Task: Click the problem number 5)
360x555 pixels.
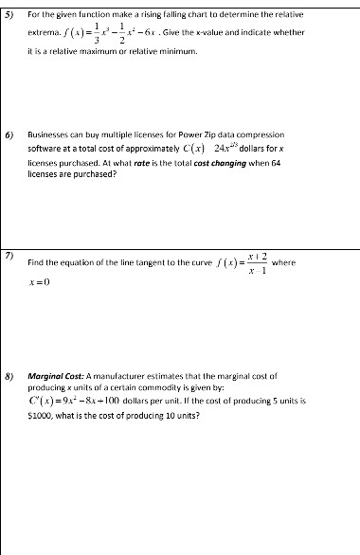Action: [10, 14]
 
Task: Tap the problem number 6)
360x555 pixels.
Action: [10, 136]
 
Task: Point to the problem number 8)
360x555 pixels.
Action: [10, 375]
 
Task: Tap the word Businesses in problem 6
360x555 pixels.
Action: [52, 136]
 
